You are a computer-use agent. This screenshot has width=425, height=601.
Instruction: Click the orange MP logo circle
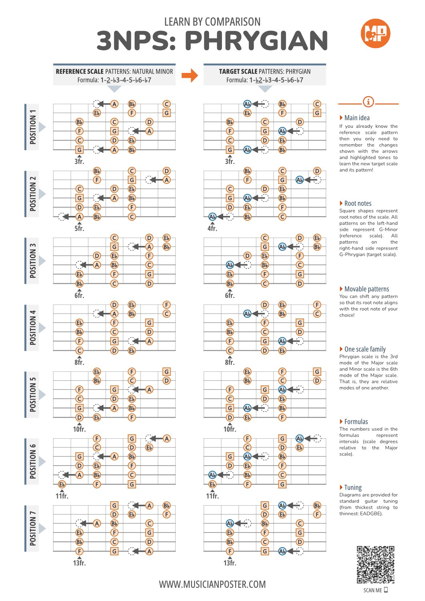pyautogui.click(x=375, y=33)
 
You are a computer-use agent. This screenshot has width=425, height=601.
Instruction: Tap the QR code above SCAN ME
pyautogui.click(x=375, y=564)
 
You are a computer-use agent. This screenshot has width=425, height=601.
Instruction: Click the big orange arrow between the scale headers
pyautogui.click(x=190, y=75)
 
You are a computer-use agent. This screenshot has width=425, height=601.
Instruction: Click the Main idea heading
pyautogui.click(x=357, y=118)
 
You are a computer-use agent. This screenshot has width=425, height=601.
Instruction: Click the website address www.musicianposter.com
pyautogui.click(x=212, y=584)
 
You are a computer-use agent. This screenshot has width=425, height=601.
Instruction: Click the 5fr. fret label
pyautogui.click(x=79, y=228)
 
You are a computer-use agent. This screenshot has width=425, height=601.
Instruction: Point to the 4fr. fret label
pyautogui.click(x=212, y=228)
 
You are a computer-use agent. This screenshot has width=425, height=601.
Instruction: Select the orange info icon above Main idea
pyautogui.click(x=368, y=102)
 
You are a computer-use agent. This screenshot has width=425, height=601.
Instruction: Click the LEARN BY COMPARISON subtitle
pyautogui.click(x=212, y=22)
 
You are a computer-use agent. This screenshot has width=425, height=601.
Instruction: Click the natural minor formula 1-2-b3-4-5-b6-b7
pyautogui.click(x=125, y=80)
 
